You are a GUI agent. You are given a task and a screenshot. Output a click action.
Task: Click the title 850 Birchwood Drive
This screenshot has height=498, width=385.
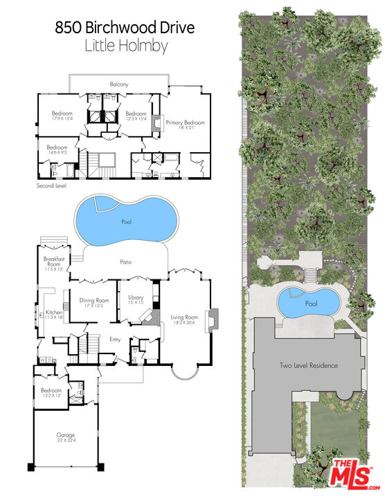(125, 28)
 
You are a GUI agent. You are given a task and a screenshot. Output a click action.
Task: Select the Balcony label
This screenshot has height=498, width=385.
(119, 84)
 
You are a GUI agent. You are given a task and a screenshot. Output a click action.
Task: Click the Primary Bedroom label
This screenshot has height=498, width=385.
(186, 122)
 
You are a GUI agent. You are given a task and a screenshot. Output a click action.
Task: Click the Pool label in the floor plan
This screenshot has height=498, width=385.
(125, 222)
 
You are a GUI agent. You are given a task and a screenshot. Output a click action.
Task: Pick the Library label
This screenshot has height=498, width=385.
(136, 297)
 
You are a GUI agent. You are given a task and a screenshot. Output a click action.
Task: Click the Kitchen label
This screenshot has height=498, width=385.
(53, 313)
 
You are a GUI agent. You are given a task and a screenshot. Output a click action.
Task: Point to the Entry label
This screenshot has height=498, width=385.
(115, 339)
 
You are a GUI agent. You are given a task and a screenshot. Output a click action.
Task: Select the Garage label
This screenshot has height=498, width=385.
(66, 435)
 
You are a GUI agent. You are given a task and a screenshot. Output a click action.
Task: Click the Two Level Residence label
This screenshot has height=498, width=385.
(308, 365)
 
